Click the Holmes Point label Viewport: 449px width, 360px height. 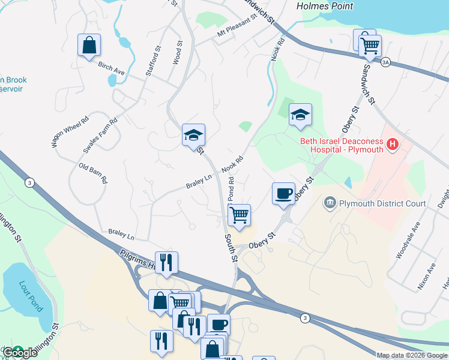[x=325, y=6]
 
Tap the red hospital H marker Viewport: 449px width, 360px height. [x=393, y=145]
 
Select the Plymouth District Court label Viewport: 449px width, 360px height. [x=382, y=204]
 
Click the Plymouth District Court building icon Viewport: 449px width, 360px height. [x=330, y=204]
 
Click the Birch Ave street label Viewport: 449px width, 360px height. [x=111, y=68]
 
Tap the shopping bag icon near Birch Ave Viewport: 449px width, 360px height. [x=89, y=46]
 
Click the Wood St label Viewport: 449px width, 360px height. [x=178, y=52]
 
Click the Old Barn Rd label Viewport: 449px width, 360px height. [x=93, y=173]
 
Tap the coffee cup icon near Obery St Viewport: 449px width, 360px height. [x=284, y=193]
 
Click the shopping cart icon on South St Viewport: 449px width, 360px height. [x=240, y=215]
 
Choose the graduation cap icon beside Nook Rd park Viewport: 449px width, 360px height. [x=300, y=115]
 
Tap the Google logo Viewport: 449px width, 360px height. [x=20, y=353]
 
